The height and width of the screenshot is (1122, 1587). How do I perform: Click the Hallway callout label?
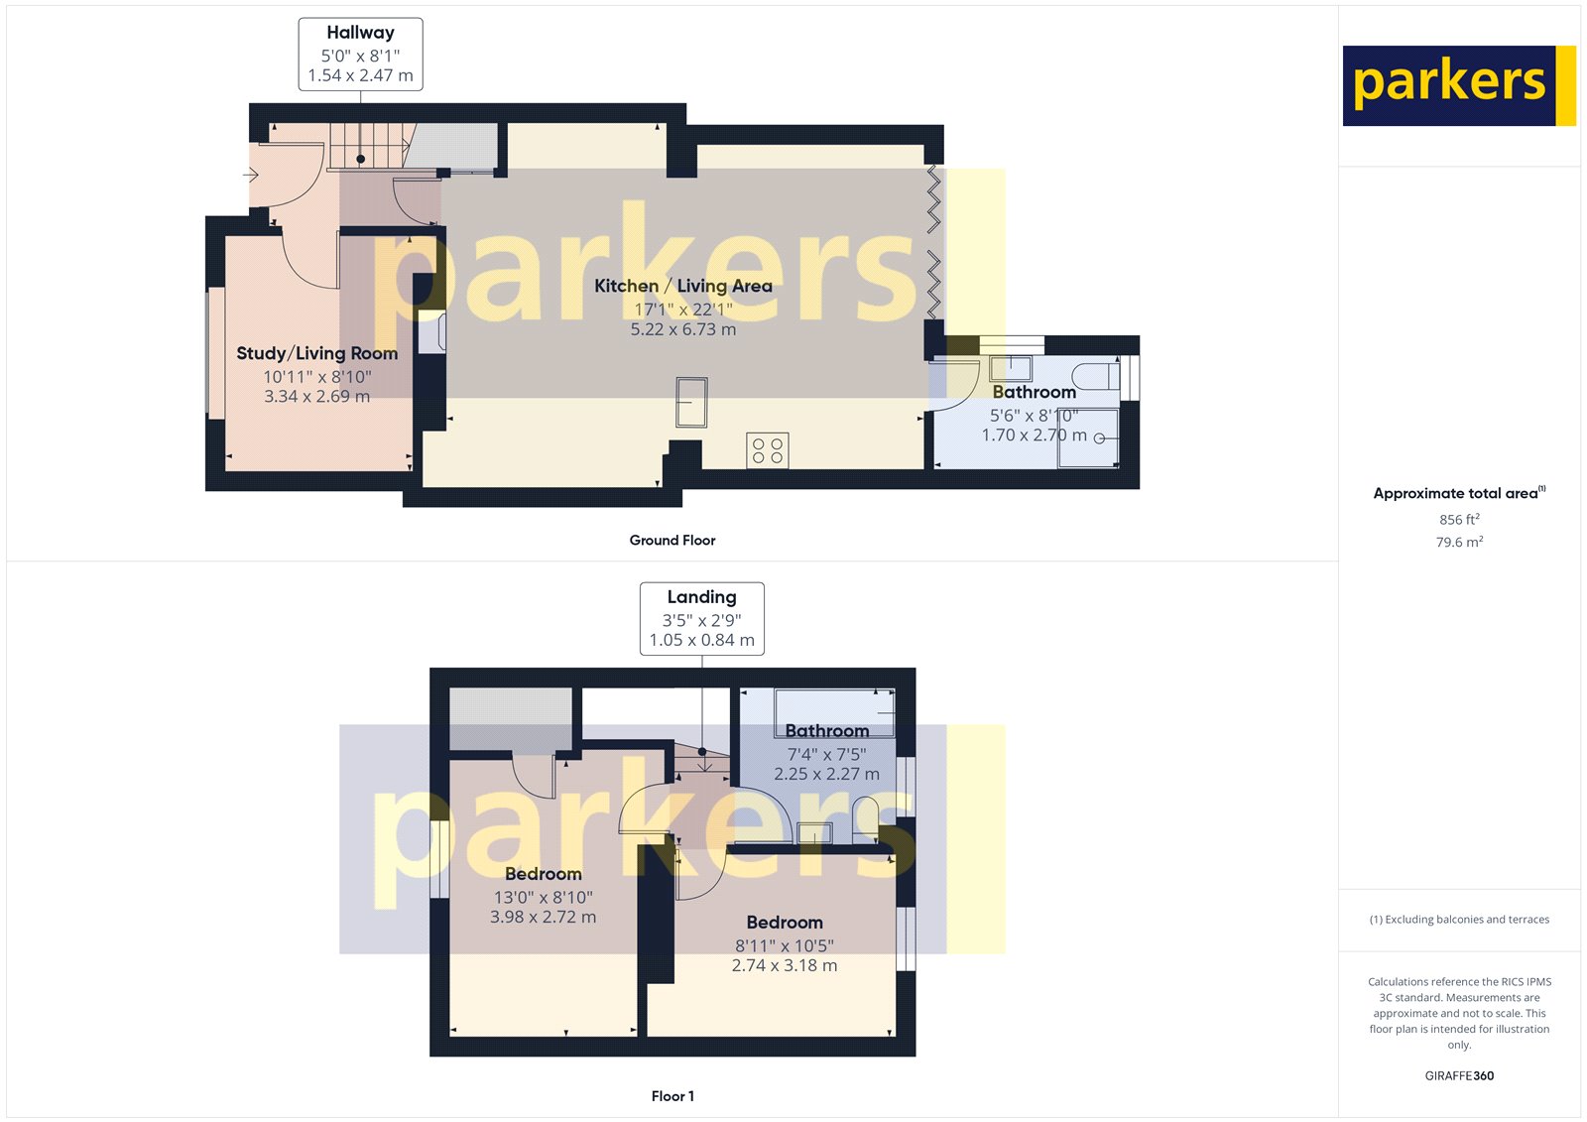click(x=360, y=55)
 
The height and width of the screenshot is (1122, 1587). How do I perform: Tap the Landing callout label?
click(x=701, y=618)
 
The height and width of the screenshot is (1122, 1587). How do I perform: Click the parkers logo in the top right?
click(x=1458, y=85)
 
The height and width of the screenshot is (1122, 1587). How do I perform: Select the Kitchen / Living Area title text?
click(x=682, y=286)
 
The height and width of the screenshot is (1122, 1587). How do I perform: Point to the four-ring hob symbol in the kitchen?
click(x=768, y=450)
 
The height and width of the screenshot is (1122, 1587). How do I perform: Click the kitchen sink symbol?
click(x=691, y=402)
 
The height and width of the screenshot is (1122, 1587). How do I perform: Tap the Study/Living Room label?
click(x=316, y=353)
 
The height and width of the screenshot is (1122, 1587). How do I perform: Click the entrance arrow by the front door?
click(x=250, y=176)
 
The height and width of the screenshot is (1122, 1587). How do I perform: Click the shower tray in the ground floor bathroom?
click(x=1088, y=436)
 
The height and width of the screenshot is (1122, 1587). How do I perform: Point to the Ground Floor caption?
click(x=671, y=540)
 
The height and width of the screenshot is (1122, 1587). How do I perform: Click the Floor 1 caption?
click(x=672, y=1096)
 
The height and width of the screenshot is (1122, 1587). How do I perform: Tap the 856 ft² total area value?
click(x=1459, y=519)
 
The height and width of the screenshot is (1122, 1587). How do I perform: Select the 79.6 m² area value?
click(x=1459, y=542)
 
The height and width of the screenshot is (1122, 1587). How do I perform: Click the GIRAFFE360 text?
click(x=1459, y=1075)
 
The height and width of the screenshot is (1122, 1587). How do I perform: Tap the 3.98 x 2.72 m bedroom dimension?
click(x=543, y=917)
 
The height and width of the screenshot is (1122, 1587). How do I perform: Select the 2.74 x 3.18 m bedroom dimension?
click(x=784, y=965)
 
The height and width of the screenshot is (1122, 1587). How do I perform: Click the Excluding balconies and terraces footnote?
click(x=1459, y=920)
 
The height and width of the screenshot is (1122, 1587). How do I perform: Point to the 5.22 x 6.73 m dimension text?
click(x=682, y=329)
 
